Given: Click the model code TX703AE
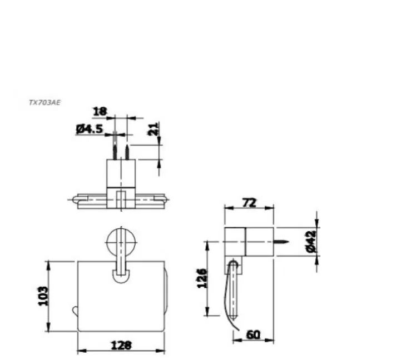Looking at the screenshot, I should tap(44, 103).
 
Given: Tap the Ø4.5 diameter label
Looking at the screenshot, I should tap(90, 129).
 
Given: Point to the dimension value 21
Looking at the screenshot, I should tap(156, 130).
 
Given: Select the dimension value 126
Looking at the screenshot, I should tap(202, 278).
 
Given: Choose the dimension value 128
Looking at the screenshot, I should tap(120, 346).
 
